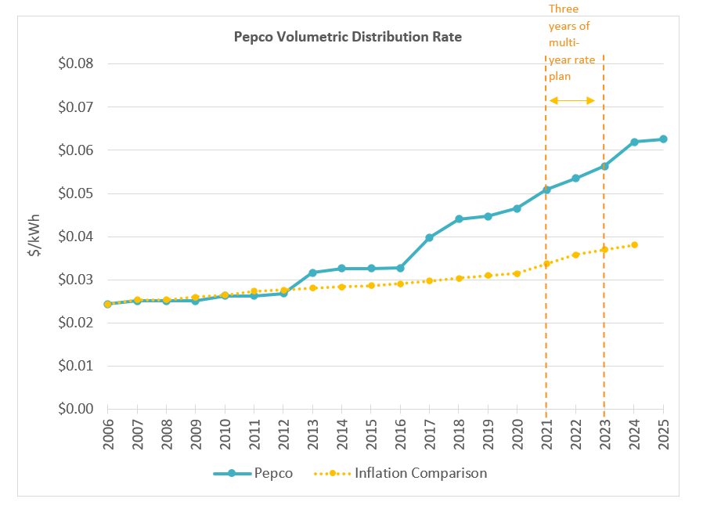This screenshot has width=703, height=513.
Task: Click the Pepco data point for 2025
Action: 663,139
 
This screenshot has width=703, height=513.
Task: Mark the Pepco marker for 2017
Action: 429,237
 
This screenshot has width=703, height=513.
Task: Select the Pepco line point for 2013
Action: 312,273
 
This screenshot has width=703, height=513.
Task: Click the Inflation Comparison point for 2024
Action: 634,244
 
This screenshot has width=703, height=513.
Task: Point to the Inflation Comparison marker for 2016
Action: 400,284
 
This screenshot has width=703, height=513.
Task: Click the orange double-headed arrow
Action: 572,100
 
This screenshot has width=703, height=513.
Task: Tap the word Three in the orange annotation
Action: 563,9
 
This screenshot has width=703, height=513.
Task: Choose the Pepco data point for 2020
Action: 517,208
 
